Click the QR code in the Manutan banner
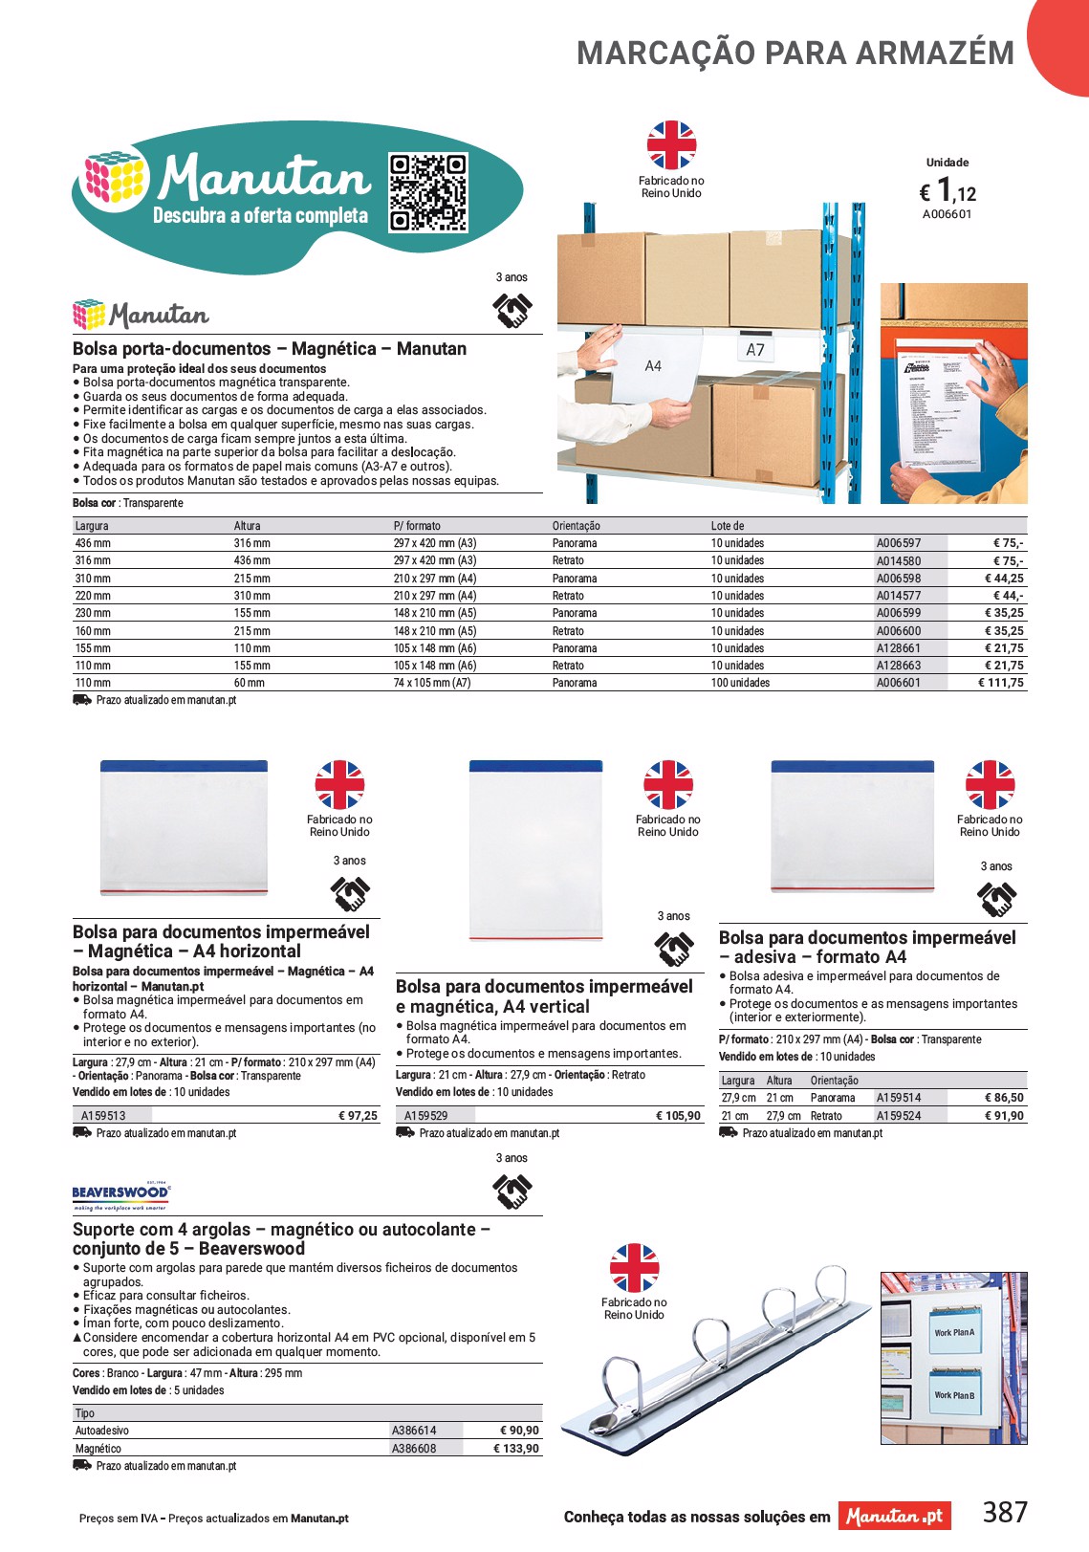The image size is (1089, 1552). coord(428,193)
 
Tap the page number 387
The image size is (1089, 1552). coord(1005,1513)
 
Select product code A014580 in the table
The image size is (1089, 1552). coord(899,561)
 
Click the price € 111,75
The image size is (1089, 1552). coord(1000,684)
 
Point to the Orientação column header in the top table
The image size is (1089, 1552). coord(577,526)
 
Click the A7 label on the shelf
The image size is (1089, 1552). coord(755,350)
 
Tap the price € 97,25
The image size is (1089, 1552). coord(358,1116)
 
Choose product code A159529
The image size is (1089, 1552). coord(425,1116)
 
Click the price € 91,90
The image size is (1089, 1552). coord(1003,1116)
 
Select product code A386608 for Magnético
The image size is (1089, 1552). coord(414,1449)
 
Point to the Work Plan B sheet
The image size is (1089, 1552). coord(954,1395)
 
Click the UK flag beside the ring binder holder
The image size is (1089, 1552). coord(634,1268)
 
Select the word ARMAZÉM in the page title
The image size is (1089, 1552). coord(934,54)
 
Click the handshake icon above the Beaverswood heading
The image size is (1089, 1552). coord(512,1191)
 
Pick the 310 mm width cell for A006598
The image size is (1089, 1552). coord(93,579)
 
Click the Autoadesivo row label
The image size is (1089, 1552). coord(102,1432)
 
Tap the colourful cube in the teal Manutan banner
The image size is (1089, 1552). coord(115,178)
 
